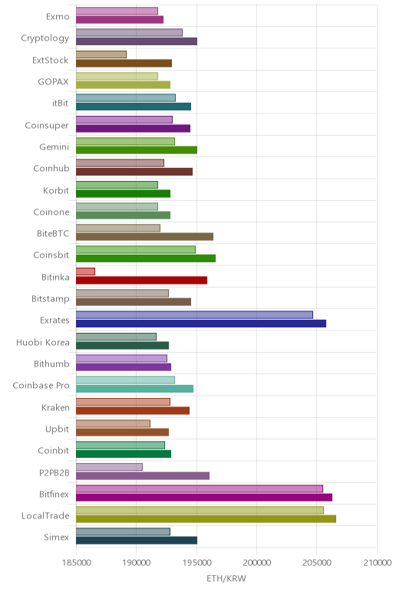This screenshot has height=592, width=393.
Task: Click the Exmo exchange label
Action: [58, 17]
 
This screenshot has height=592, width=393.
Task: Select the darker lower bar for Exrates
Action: [201, 324]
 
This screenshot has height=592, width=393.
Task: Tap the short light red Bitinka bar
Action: [85, 271]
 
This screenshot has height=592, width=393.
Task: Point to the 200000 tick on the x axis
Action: [256, 563]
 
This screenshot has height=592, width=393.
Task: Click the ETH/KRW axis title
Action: [226, 578]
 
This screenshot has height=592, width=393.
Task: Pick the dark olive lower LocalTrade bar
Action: [206, 518]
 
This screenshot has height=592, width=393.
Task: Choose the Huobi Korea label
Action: [43, 343]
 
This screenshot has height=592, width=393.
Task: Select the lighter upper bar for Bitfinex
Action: [200, 489]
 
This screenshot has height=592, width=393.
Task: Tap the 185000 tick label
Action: [76, 563]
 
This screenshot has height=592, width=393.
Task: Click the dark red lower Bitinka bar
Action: [142, 280]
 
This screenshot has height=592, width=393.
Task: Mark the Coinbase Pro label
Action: [41, 386]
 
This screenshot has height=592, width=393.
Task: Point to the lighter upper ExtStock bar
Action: [101, 54]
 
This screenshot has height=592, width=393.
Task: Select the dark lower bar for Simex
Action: [137, 541]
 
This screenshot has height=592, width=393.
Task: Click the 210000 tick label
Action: [377, 563]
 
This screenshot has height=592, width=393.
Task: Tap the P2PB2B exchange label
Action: [54, 472]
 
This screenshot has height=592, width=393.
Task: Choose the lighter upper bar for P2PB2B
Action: [109, 467]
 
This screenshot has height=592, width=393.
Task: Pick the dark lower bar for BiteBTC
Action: [145, 237]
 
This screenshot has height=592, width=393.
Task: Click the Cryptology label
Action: [45, 38]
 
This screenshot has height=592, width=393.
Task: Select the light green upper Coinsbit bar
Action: [136, 249]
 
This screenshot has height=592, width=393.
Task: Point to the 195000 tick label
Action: [196, 563]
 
